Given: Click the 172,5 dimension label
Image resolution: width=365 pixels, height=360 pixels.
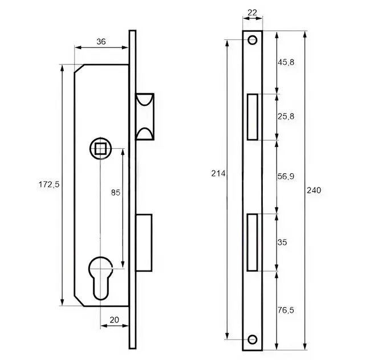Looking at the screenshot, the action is coord(49,185).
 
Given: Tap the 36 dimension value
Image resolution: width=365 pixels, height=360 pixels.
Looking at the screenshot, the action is coord(101,42).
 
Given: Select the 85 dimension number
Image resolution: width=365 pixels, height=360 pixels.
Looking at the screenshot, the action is coord(115,193).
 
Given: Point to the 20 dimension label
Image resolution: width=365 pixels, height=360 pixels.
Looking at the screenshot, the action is coord(114,320).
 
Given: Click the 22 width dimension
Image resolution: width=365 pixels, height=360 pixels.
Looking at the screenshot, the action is coord(252,13).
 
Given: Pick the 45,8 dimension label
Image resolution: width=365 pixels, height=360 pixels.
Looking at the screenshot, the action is coord(286,62).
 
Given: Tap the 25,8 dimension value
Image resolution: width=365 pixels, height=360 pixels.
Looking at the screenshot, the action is coord(286,116).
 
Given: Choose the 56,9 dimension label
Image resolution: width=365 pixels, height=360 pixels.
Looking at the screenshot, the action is coord(286,176).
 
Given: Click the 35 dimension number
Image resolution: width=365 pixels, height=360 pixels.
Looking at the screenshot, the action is coord(282,242).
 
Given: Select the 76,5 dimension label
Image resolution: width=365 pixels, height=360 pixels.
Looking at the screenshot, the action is coord(286,310).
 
